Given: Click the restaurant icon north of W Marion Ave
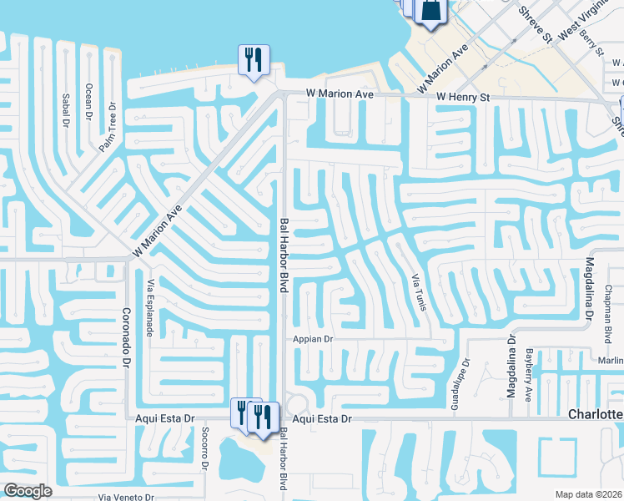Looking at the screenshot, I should pos(251,59).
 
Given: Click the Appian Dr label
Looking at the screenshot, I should pos(313,339).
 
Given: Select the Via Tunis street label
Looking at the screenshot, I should pos(420,291).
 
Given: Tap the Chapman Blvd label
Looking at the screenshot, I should pos(607,318).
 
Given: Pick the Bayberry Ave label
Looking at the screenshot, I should pos(528,376).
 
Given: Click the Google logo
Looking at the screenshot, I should pos(28,490).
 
